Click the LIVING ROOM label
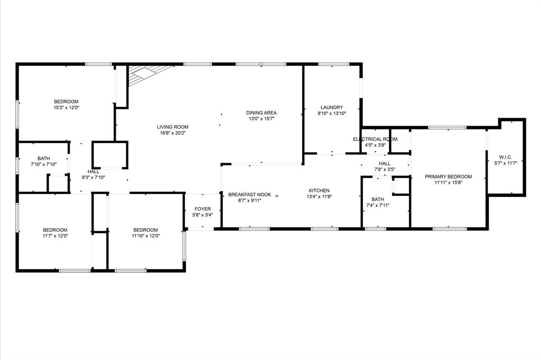pyautogui.click(x=172, y=127)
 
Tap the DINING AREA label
pyautogui.click(x=261, y=112)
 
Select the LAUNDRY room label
pyautogui.click(x=331, y=107)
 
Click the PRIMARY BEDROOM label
pyautogui.click(x=448, y=177)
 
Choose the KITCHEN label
pyautogui.click(x=319, y=191)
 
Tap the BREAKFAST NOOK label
pyautogui.click(x=249, y=195)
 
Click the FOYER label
pyautogui.click(x=202, y=209)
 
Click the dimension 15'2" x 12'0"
pyautogui.click(x=66, y=108)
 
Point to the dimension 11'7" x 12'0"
pyautogui.click(x=55, y=236)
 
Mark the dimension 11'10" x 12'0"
pyautogui.click(x=145, y=236)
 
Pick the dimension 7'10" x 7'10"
pyautogui.click(x=43, y=165)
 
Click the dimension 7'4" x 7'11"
pyautogui.click(x=377, y=205)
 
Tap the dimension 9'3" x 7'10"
pyautogui.click(x=93, y=177)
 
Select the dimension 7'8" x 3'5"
pyautogui.click(x=384, y=169)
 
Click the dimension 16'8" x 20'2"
pyautogui.click(x=172, y=133)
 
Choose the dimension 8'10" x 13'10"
pyautogui.click(x=331, y=113)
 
